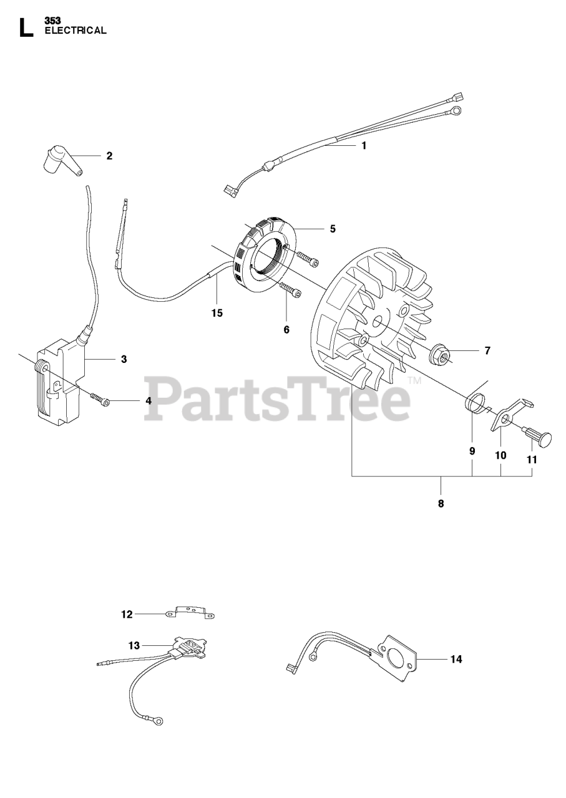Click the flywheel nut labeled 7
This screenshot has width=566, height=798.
click(x=439, y=354)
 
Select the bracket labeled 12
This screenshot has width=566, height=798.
click(x=190, y=613)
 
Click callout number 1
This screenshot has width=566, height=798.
click(x=364, y=145)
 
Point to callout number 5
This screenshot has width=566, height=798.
click(x=333, y=229)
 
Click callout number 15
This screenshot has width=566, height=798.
click(x=217, y=313)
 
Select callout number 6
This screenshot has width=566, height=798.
click(x=286, y=329)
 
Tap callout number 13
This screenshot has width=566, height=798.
click(x=134, y=646)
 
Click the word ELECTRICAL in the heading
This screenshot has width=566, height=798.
click(x=76, y=30)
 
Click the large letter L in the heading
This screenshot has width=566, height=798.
click(x=26, y=27)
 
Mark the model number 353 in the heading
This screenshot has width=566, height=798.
click(x=52, y=21)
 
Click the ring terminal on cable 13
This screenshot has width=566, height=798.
click(x=159, y=721)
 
